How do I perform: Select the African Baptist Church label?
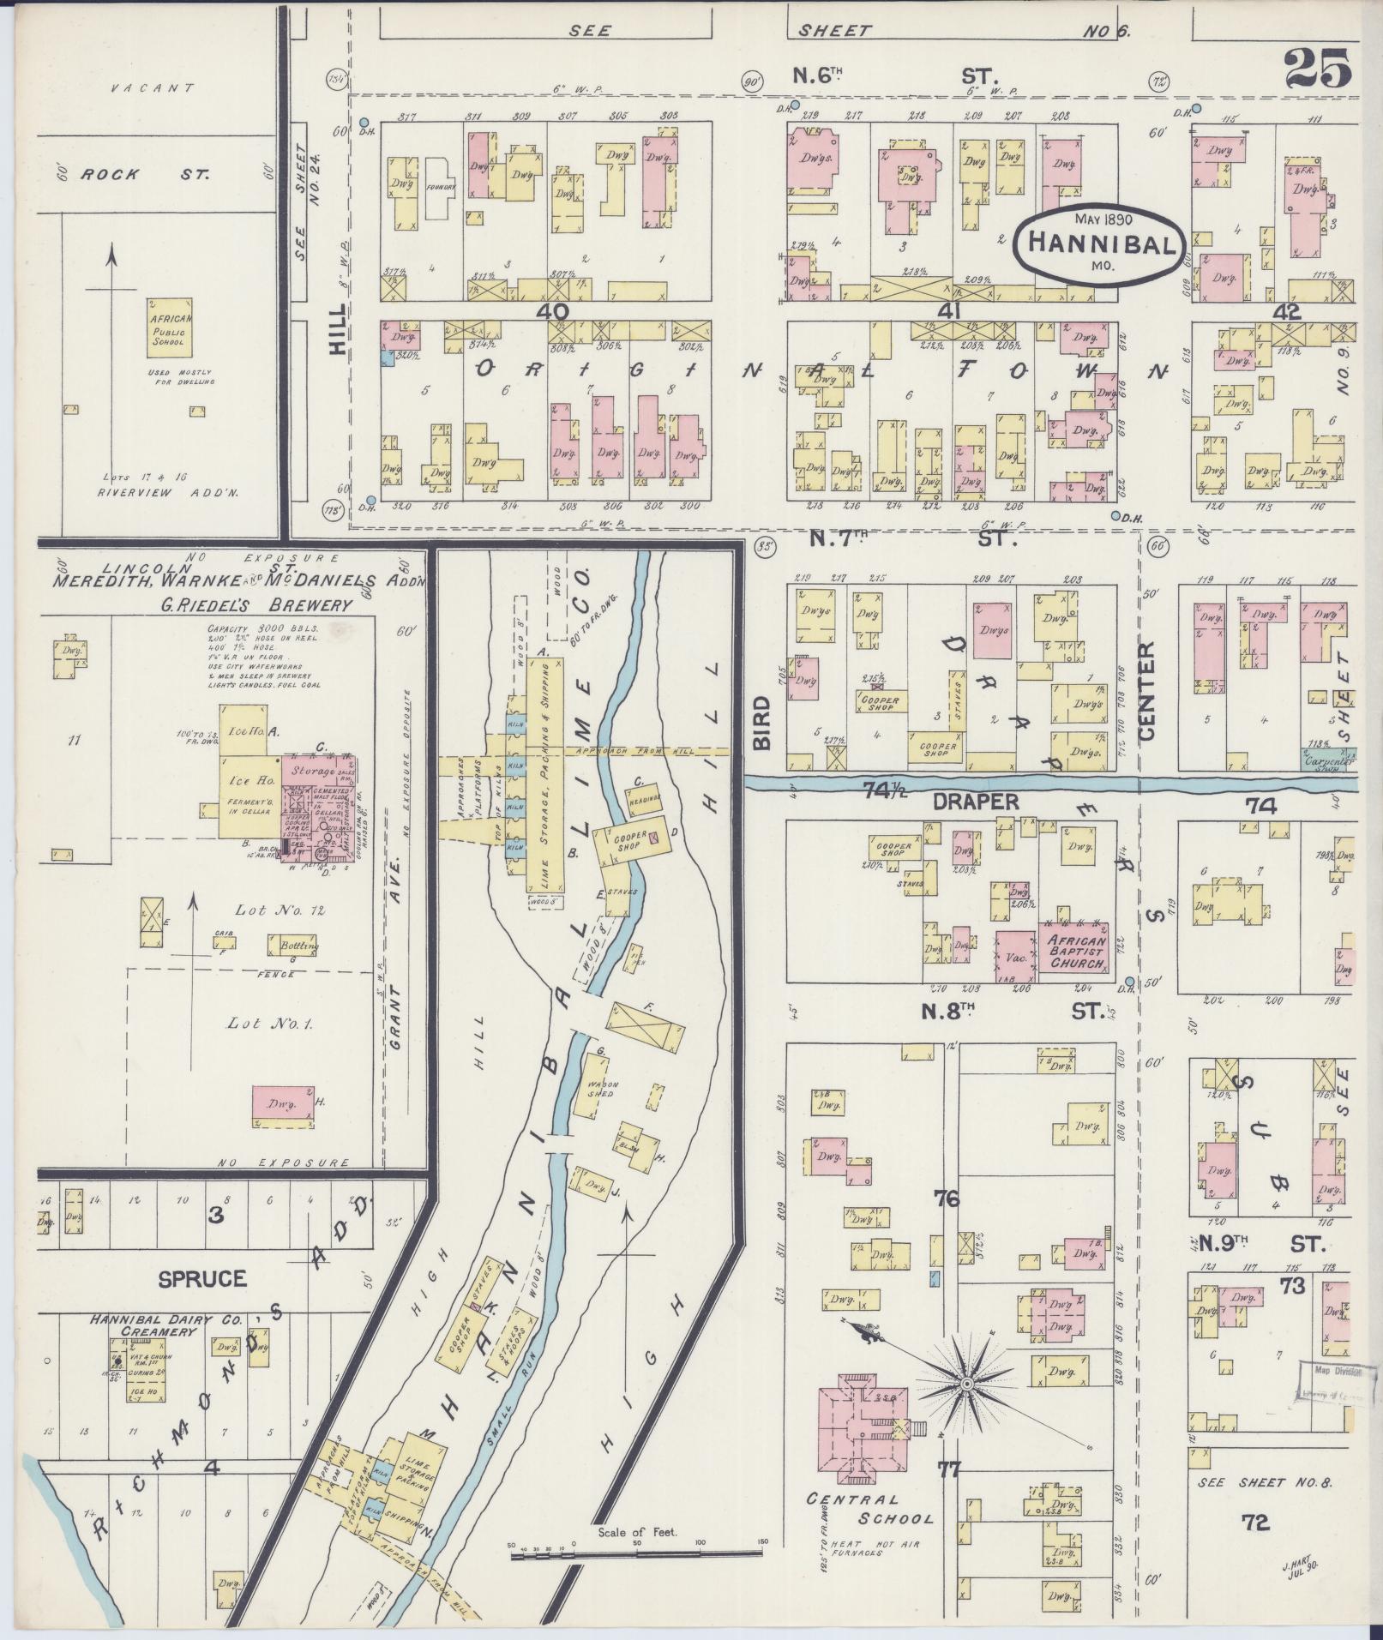pyautogui.click(x=1075, y=952)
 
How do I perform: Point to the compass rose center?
pyautogui.click(x=967, y=1384)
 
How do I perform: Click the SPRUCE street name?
pyautogui.click(x=202, y=1278)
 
